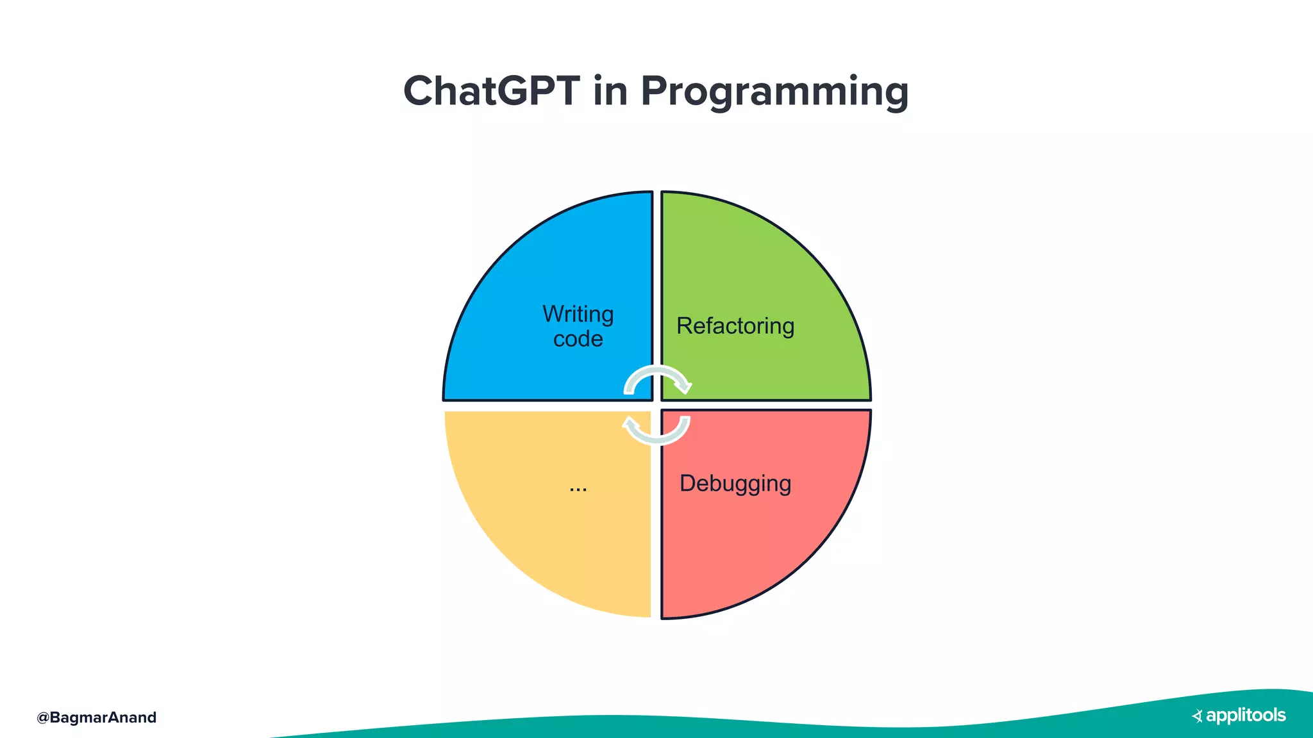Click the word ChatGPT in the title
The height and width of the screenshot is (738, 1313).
click(491, 91)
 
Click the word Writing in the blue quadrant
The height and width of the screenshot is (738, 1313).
click(578, 314)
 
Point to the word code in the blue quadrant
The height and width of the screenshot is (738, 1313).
click(578, 339)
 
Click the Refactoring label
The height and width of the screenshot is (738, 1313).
click(735, 326)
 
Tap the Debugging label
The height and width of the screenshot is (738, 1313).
click(735, 484)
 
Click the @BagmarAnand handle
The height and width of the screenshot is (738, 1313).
click(97, 717)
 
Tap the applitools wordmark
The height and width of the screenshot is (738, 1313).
click(1246, 715)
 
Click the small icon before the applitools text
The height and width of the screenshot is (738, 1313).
click(1197, 716)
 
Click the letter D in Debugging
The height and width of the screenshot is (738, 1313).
click(687, 483)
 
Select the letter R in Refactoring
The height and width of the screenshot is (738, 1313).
click(684, 326)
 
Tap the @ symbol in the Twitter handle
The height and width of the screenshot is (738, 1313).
click(43, 717)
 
